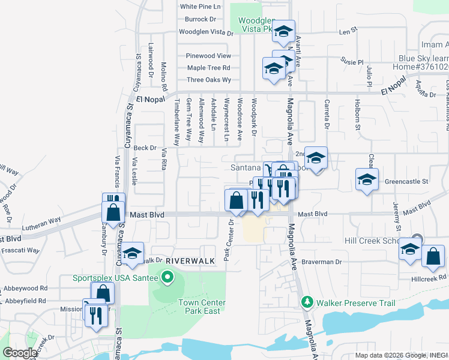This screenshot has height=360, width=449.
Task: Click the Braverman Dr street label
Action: tap(321, 262)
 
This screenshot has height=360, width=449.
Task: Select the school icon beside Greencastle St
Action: tap(367, 179)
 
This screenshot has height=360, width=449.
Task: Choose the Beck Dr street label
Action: tap(145, 148)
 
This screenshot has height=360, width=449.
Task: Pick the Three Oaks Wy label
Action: tap(209, 80)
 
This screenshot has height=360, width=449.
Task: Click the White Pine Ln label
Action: tap(200, 7)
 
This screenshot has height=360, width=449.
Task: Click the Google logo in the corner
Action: tap(20, 353)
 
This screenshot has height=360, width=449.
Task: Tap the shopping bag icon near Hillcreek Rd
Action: tap(433, 256)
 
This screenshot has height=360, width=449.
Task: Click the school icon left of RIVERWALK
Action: tap(133, 252)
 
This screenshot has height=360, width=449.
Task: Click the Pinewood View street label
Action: tap(208, 56)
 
